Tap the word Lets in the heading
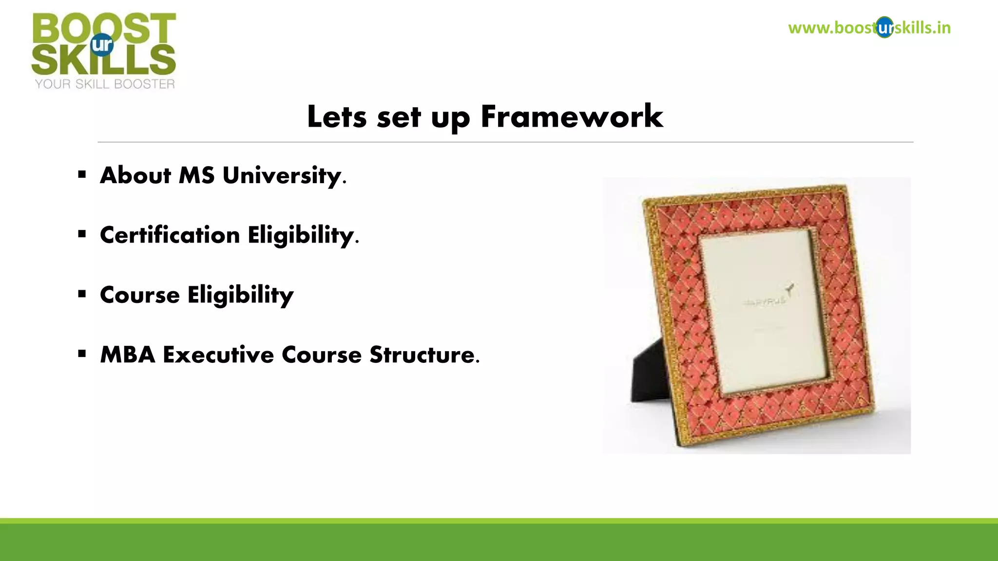click(337, 117)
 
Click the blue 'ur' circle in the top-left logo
click(102, 45)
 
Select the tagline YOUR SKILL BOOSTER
click(105, 84)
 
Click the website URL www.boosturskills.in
click(869, 28)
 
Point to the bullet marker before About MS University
click(82, 174)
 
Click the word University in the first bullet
click(282, 175)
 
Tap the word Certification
click(170, 235)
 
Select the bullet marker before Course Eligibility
click(82, 294)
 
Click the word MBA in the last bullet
click(128, 355)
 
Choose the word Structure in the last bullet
click(422, 355)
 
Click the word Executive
click(218, 355)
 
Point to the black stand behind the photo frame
click(651, 375)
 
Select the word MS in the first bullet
click(196, 175)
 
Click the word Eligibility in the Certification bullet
click(301, 235)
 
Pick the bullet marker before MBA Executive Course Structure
click(82, 354)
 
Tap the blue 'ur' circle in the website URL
click(884, 28)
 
